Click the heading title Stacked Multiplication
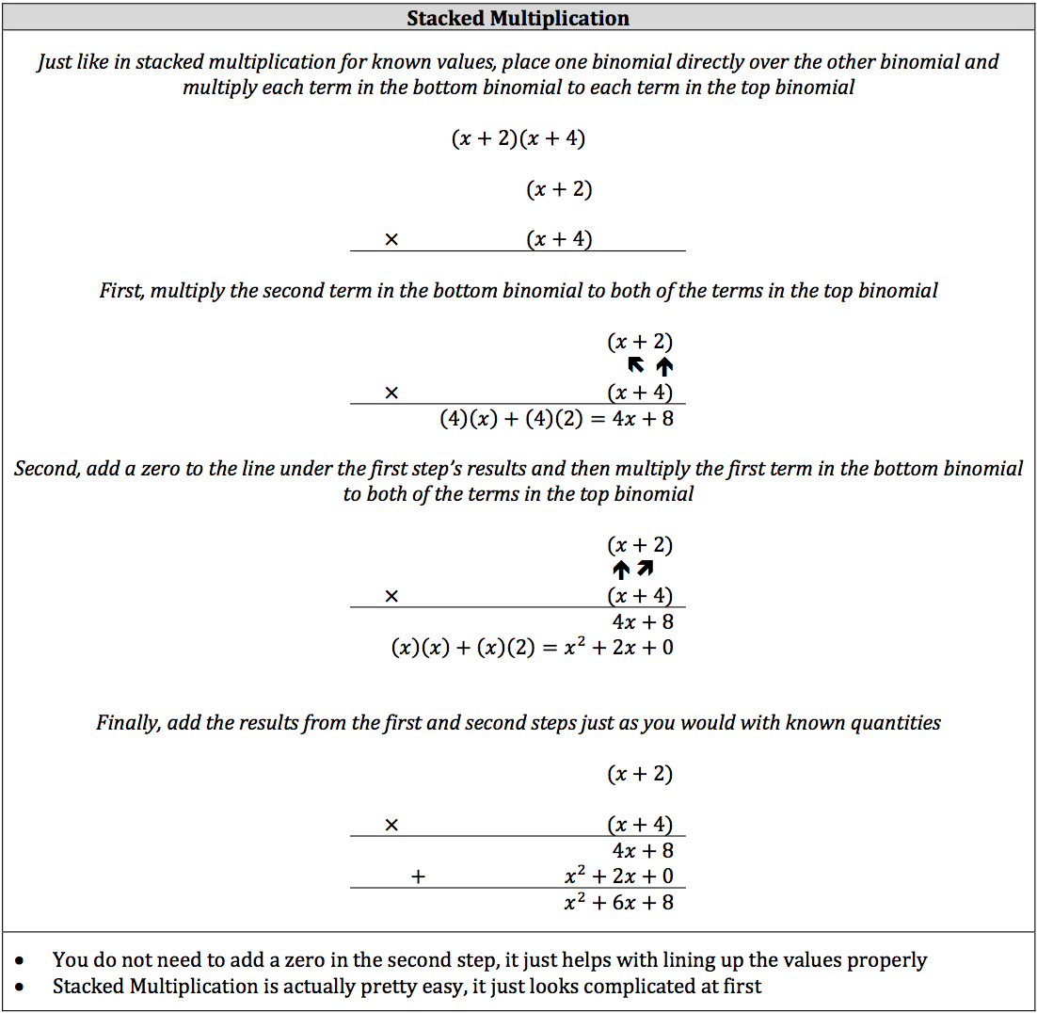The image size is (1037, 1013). pyautogui.click(x=518, y=18)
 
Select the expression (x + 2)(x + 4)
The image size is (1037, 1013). pyautogui.click(x=518, y=139)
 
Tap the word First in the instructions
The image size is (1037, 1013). pyautogui.click(x=121, y=291)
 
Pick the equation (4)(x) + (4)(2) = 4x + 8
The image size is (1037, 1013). pyautogui.click(x=556, y=418)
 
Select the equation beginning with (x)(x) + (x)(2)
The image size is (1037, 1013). pyautogui.click(x=532, y=647)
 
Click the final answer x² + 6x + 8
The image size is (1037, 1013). pyautogui.click(x=618, y=902)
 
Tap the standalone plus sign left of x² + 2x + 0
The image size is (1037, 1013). pyautogui.click(x=419, y=876)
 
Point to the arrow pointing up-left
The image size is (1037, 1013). pyautogui.click(x=636, y=366)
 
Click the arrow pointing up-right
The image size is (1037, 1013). pyautogui.click(x=645, y=569)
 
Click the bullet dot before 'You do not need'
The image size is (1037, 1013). pyautogui.click(x=22, y=960)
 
